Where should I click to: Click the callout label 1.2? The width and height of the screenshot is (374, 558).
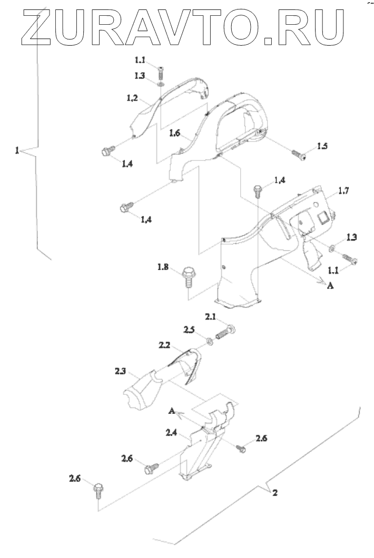(x=132, y=98)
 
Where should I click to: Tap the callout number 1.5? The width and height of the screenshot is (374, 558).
(x=322, y=146)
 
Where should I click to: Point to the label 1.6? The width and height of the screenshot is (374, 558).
(x=174, y=134)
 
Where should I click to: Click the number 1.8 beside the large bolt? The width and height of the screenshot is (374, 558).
(x=163, y=266)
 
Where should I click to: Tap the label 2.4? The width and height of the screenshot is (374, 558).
(x=172, y=433)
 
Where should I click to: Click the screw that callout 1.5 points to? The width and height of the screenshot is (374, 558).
(x=299, y=155)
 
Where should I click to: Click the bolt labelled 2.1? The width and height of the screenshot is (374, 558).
(x=225, y=333)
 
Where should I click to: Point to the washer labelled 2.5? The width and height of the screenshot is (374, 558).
(x=209, y=342)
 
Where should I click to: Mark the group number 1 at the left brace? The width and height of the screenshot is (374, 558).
(x=17, y=151)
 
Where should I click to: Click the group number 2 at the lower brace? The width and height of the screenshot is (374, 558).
(x=275, y=493)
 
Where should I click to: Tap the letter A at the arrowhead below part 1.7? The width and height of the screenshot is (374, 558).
(x=330, y=285)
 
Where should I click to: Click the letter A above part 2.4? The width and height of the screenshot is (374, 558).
(x=172, y=411)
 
